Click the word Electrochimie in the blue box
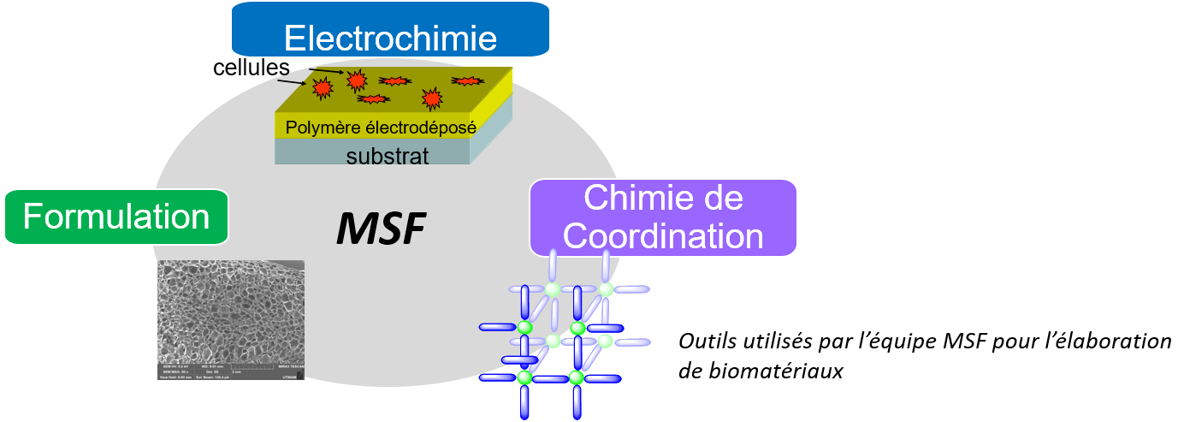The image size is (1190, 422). (x=390, y=39)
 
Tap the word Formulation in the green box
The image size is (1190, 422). (x=116, y=217)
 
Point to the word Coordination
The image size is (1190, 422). (x=663, y=236)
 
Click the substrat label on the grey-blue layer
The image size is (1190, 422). (x=387, y=156)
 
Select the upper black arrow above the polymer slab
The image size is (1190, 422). (x=328, y=72)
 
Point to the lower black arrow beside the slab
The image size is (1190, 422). (x=292, y=82)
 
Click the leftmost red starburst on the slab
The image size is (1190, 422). (x=322, y=87)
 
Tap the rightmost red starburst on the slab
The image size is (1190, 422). (x=466, y=81)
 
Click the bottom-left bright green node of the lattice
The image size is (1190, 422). (x=524, y=377)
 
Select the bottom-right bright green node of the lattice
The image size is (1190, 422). (x=577, y=377)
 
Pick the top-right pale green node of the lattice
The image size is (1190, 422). (x=606, y=289)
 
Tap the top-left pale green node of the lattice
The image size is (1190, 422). (x=553, y=289)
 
